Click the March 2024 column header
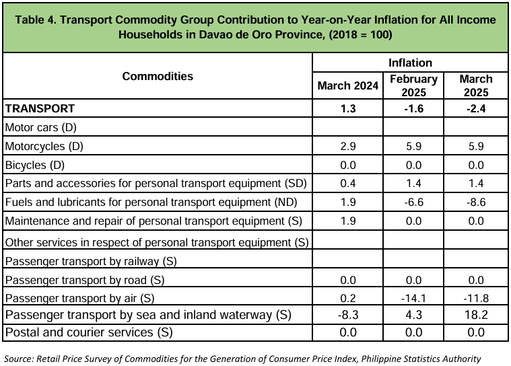click(347, 85)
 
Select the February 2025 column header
click(413, 85)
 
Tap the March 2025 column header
click(476, 85)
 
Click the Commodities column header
click(158, 76)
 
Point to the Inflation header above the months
click(410, 63)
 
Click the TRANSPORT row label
click(40, 108)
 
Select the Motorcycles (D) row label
click(44, 146)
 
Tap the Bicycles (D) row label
click(35, 165)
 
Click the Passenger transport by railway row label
click(91, 262)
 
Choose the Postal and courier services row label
click(89, 332)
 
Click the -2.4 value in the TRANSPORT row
click(476, 108)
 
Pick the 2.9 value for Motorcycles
click(347, 146)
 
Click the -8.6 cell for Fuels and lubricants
click(476, 203)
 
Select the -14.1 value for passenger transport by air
click(413, 298)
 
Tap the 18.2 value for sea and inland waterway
click(476, 315)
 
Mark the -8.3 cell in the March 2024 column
click(347, 315)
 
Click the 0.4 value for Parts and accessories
click(347, 183)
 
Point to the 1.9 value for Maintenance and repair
click(347, 221)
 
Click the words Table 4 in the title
click(36, 20)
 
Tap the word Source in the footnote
click(19, 359)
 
